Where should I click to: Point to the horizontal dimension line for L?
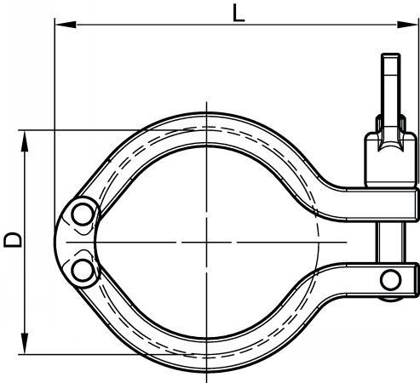point(170,26)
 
